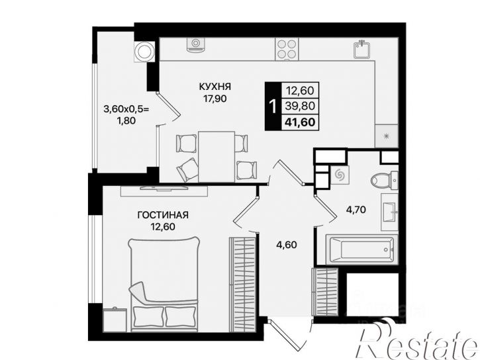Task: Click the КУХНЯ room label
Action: point(215,87)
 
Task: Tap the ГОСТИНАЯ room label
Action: point(163,215)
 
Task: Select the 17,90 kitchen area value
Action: point(215,99)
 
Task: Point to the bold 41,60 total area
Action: point(300,122)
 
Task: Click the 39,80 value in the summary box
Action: point(300,106)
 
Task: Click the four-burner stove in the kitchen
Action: point(287,49)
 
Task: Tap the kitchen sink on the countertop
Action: point(362,50)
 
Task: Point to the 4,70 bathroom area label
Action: point(356,210)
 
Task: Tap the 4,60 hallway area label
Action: point(286,245)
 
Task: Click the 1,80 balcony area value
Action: point(126,120)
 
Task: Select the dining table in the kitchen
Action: point(216,157)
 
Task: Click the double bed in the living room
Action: point(164,284)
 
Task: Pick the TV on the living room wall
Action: point(164,188)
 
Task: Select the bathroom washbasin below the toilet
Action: point(390,212)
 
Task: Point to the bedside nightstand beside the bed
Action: point(115,320)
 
